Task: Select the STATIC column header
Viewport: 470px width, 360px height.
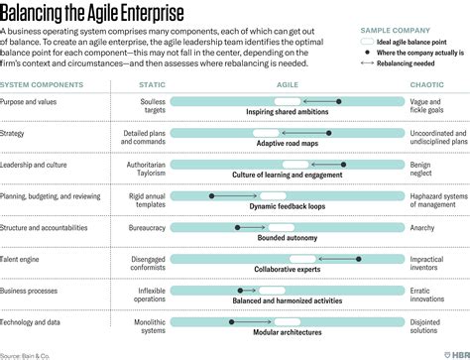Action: coord(152,86)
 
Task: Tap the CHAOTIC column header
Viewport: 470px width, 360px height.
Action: coord(442,86)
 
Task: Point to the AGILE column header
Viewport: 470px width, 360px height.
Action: coord(288,86)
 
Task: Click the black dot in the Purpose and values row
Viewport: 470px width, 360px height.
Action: coord(339,102)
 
